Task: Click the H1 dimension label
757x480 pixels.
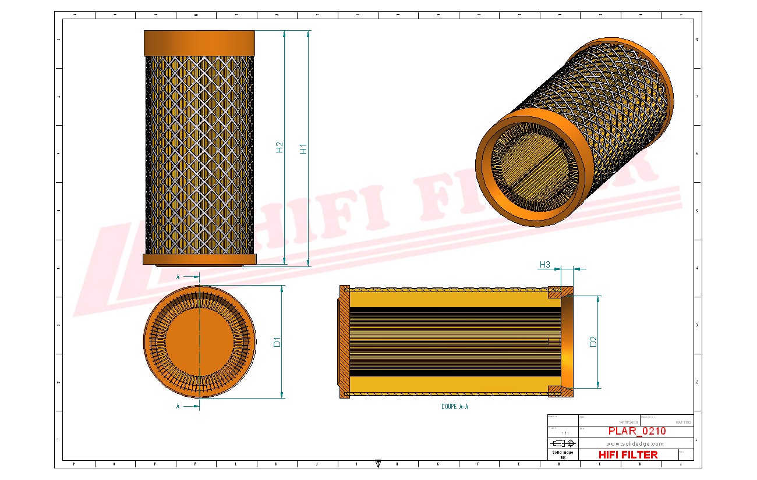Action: coord(303,148)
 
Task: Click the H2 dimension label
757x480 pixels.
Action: coord(280,148)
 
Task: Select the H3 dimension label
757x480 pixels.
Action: coord(544,265)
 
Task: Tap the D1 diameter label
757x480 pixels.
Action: coord(277,342)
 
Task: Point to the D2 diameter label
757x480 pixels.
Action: coord(593,342)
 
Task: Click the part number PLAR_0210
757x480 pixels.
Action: coord(636,432)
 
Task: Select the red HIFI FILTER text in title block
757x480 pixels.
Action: coord(628,455)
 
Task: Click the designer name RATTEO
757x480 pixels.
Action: coord(683,422)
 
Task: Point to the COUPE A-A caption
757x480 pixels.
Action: coord(454,407)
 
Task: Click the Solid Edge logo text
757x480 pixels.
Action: coord(563,453)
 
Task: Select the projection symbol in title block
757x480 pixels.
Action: coord(563,443)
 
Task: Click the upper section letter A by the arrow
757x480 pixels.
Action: coord(178,278)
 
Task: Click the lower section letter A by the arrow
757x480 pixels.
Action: coord(178,407)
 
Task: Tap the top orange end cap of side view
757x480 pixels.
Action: coord(199,43)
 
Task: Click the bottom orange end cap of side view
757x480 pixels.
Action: coord(199,259)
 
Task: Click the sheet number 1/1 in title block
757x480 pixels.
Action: coord(563,433)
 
